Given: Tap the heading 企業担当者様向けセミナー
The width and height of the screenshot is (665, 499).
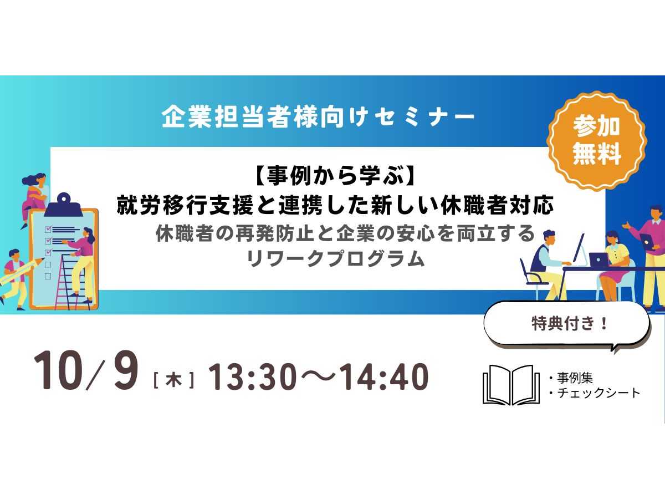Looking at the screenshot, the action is point(318,117).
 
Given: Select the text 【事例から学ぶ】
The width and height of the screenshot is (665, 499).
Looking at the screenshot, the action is point(332,176).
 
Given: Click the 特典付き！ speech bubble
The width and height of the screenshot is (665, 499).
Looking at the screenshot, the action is point(566,324).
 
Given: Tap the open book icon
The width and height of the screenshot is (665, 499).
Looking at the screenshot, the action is point(511,384).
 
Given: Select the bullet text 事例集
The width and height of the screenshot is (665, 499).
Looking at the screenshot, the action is point(575,378).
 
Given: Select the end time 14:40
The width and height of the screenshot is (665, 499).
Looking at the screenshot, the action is point(385,376).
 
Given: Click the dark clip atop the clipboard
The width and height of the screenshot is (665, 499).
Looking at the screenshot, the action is point(64,206).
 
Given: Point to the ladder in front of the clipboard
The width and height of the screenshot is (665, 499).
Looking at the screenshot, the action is point(72,282).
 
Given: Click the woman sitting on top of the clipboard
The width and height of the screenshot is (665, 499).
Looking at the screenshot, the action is point(35,196).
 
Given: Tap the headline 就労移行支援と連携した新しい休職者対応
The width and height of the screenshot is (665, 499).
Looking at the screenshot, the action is point(335,205).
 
